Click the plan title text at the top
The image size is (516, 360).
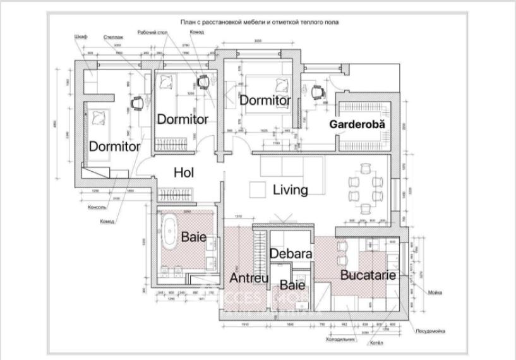pyautogui.click(x=260, y=22)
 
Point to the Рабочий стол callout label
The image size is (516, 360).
pyautogui.click(x=152, y=32)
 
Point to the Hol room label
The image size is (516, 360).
pyautogui.click(x=184, y=172)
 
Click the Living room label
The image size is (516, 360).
pyautogui.click(x=290, y=189)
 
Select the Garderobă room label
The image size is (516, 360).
pyautogui.click(x=357, y=124)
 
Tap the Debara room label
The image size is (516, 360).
pyautogui.click(x=291, y=253)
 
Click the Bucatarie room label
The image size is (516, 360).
pyautogui.click(x=368, y=275)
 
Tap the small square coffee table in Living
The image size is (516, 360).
pyautogui.click(x=257, y=189)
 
